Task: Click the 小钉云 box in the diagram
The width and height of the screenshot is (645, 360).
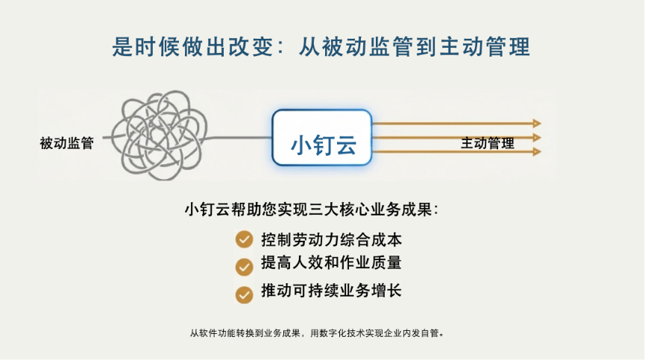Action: point(322,138)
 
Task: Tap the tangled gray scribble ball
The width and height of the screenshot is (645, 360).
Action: point(160,135)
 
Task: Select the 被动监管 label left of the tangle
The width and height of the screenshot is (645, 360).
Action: point(66,143)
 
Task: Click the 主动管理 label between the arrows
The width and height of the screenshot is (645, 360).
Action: point(487,143)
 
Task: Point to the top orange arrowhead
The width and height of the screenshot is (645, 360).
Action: point(537,123)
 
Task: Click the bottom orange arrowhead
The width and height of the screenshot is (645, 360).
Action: point(537,152)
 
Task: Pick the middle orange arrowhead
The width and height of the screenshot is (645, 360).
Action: point(537,138)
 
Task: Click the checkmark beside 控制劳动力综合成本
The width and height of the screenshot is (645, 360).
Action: point(244,239)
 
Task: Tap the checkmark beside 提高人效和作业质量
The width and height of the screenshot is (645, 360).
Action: point(244,267)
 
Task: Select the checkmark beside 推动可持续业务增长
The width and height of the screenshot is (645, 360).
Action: point(244,294)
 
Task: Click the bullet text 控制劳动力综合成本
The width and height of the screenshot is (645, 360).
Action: point(331,239)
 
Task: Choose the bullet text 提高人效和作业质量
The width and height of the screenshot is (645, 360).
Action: point(331,262)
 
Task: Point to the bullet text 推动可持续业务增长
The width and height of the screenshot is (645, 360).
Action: point(331,291)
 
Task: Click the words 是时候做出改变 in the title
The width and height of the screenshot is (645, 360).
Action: point(192,46)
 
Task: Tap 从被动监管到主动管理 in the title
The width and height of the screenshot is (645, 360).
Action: point(415,46)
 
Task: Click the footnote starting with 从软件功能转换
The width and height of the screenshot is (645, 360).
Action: point(317,333)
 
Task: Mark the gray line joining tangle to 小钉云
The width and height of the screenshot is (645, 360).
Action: point(239,138)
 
